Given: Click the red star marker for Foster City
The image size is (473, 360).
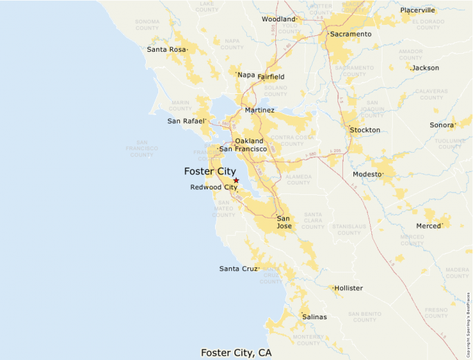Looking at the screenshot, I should [x=236, y=180].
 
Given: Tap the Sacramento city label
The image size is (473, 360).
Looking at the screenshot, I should [x=351, y=34].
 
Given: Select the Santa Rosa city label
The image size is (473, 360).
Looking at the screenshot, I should [x=167, y=50].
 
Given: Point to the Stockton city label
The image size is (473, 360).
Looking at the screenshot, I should [x=365, y=130].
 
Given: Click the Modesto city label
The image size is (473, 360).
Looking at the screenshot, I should [x=367, y=174].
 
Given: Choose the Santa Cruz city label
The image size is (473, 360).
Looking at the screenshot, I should [x=239, y=269].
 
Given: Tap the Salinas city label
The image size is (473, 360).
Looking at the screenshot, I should [x=315, y=317].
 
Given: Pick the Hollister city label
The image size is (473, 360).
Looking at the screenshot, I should [x=349, y=288].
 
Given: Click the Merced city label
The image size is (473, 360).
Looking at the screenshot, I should [x=429, y=226].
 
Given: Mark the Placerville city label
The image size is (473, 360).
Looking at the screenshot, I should [x=418, y=10].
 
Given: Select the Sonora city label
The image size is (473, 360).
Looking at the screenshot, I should [x=442, y=125].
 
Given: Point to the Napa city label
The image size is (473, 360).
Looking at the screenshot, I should [x=246, y=75].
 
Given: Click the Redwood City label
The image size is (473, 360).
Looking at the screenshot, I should [x=214, y=187].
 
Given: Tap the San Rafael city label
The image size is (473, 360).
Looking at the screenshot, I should [x=186, y=121].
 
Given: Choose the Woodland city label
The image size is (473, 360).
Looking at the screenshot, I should [x=279, y=19].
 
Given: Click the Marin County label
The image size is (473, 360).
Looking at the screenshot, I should [x=180, y=105].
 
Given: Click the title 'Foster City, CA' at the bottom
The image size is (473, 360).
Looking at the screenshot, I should [x=236, y=352].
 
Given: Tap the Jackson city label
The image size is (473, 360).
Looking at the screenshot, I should [x=425, y=68].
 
